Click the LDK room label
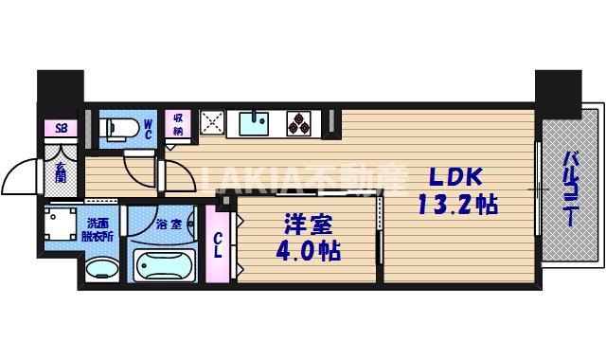coord(456,177)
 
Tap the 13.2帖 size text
coord(458,205)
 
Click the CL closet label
coord(219,245)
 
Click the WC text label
coord(148,130)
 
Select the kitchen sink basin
coord(254,123)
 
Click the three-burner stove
coord(298,123)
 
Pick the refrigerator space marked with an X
coord(212,122)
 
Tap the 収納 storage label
coord(178,124)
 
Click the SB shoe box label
coord(61,129)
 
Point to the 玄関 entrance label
coord(61,172)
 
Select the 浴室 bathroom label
coord(169,225)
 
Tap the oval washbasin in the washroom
coord(102,268)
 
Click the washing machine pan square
coord(61,224)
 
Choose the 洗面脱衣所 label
coord(98,230)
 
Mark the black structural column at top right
coord(559,94)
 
